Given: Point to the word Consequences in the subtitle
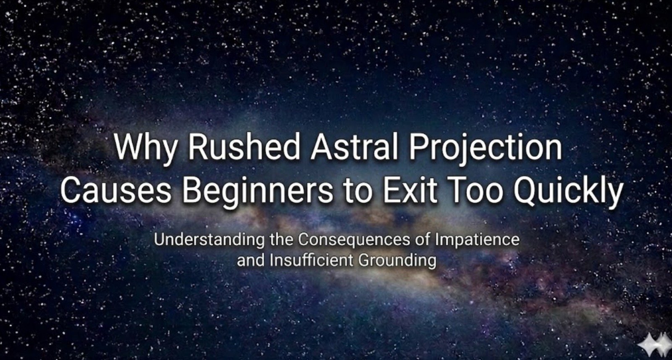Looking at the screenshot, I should (354, 240).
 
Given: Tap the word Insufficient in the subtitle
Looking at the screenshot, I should (311, 260).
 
